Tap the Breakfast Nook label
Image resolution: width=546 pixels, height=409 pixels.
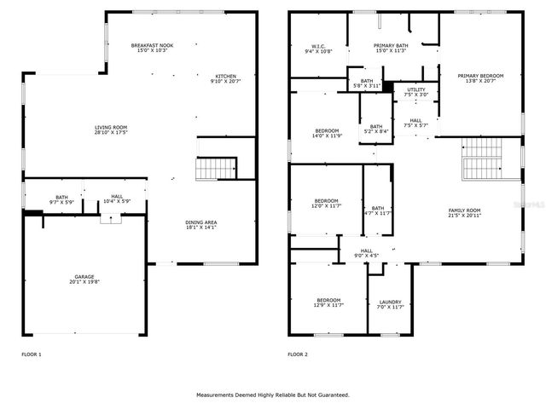153,49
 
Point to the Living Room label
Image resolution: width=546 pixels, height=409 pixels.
111,131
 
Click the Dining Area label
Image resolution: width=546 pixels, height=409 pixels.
201,226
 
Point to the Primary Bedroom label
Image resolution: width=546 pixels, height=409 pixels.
479,78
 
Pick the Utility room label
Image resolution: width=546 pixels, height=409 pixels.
415,91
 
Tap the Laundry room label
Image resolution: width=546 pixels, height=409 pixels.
389,304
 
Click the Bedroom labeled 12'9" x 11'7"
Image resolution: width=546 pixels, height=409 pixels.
329,302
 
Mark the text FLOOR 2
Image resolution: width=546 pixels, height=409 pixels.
297,354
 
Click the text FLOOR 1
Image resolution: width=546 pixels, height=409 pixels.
31,354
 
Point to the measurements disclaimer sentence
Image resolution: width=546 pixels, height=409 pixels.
273,395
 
